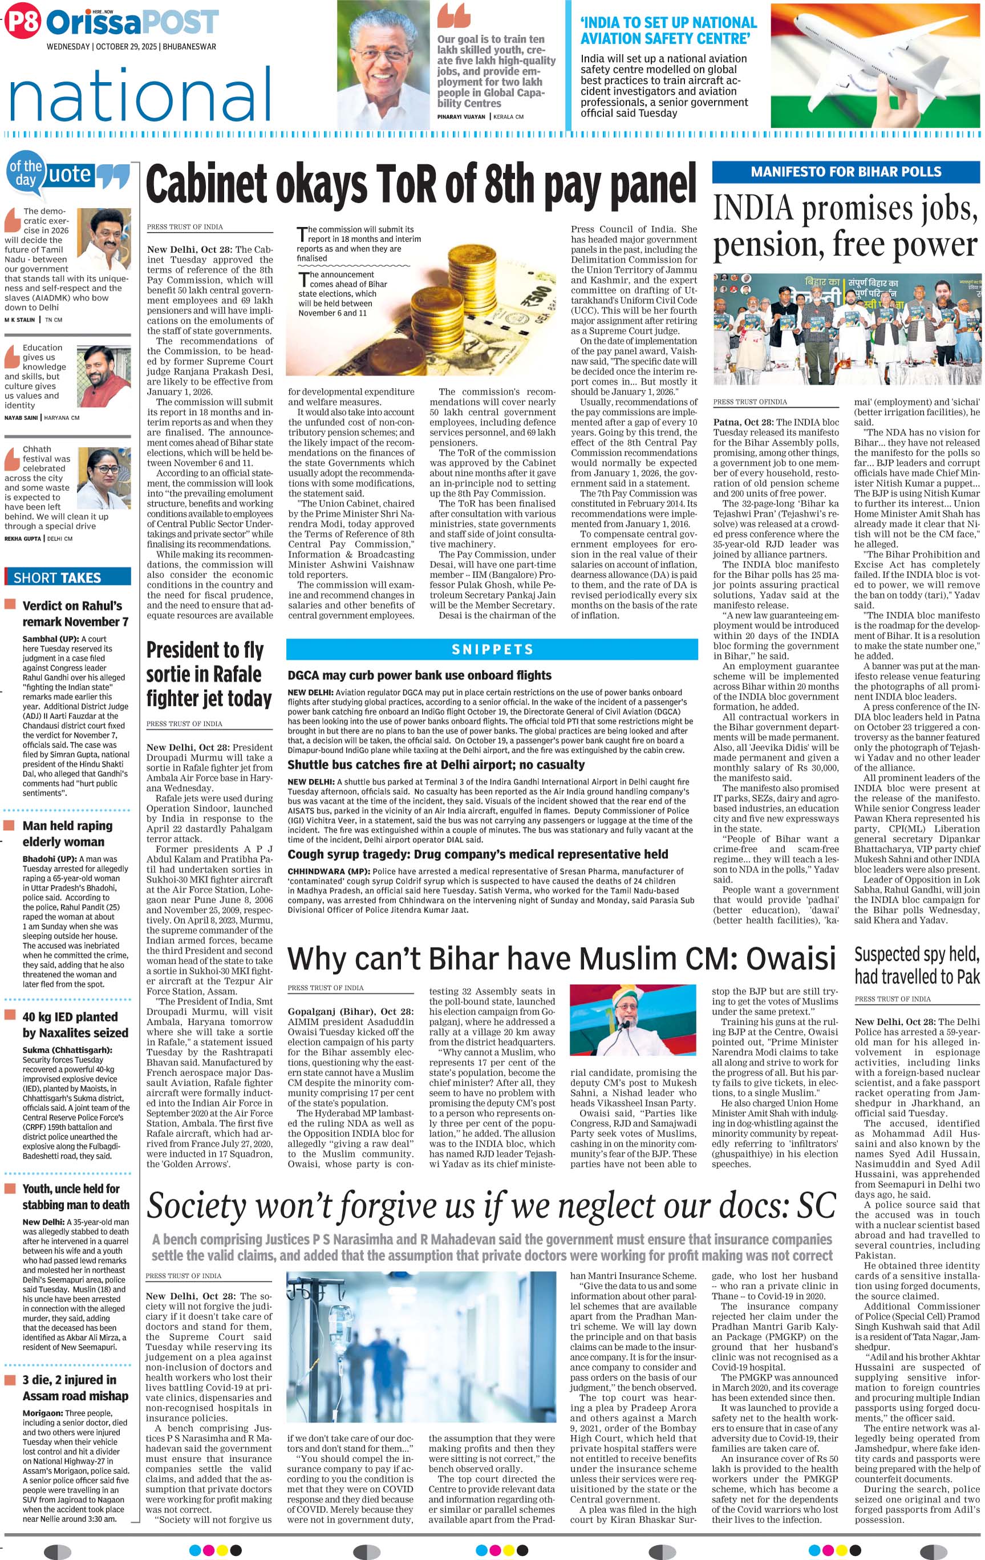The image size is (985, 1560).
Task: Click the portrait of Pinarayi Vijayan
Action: click(x=384, y=65)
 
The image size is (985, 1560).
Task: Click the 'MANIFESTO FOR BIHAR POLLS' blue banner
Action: click(x=845, y=172)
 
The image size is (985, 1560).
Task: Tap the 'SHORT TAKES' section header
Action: click(x=58, y=577)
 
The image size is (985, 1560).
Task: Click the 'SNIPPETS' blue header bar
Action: click(x=492, y=649)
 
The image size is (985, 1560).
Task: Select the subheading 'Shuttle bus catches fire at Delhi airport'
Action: click(x=436, y=765)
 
